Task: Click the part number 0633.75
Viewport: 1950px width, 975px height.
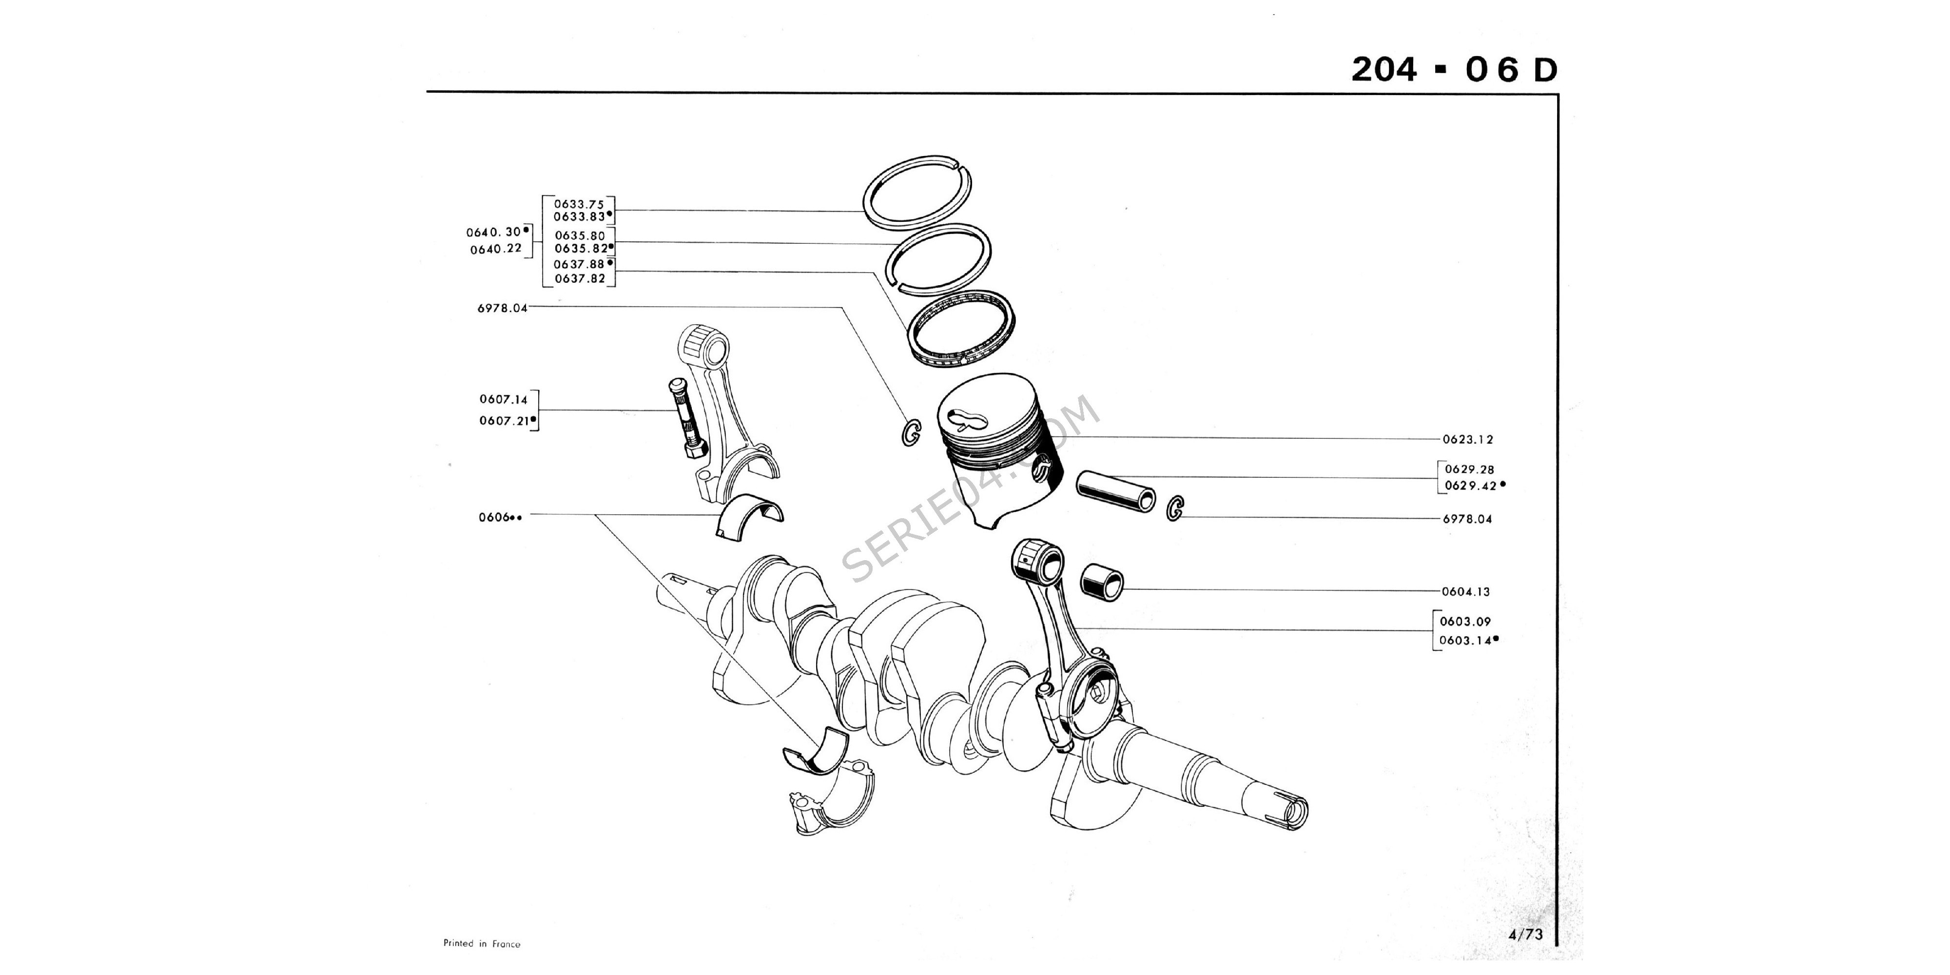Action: point(578,204)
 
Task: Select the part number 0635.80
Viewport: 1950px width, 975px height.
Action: point(579,235)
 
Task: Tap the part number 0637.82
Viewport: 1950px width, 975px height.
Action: point(579,278)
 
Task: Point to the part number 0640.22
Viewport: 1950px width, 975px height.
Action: point(496,249)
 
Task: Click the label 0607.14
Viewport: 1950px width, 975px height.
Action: point(504,399)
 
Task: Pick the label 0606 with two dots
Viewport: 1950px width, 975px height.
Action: point(500,518)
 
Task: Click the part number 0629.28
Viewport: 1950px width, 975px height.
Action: point(1469,469)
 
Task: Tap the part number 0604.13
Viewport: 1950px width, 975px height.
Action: point(1465,592)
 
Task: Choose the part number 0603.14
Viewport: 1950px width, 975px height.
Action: point(1465,641)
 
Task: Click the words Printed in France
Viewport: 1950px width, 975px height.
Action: point(482,944)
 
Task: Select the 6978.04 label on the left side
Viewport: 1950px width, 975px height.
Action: point(502,308)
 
